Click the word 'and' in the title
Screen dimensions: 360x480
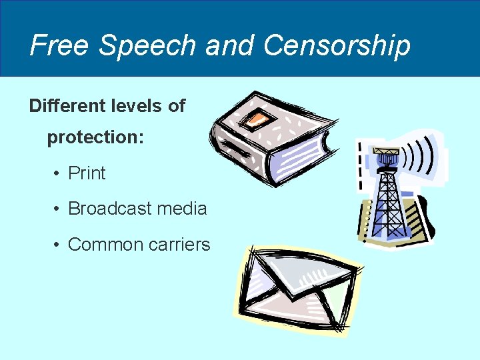coord(230,45)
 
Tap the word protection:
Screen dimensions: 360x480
coord(96,137)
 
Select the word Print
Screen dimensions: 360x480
coord(87,173)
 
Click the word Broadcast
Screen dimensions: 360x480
coord(110,209)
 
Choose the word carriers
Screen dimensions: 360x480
coord(180,245)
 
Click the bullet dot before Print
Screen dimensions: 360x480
coord(58,174)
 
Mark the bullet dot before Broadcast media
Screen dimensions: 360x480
coord(58,209)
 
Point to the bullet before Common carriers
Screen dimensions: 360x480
coord(58,245)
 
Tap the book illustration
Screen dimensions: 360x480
coord(273,137)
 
